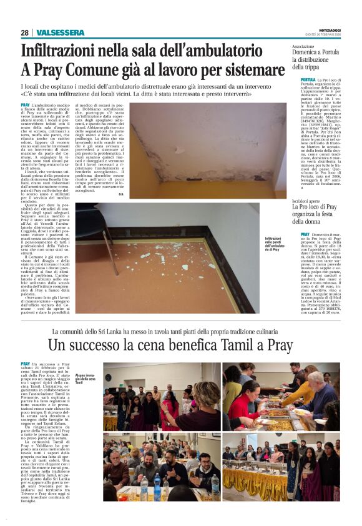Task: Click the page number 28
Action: (x=24, y=32)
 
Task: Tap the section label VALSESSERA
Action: (x=61, y=32)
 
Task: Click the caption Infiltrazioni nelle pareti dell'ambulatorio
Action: (x=275, y=242)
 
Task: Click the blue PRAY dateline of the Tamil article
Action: (x=26, y=364)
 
